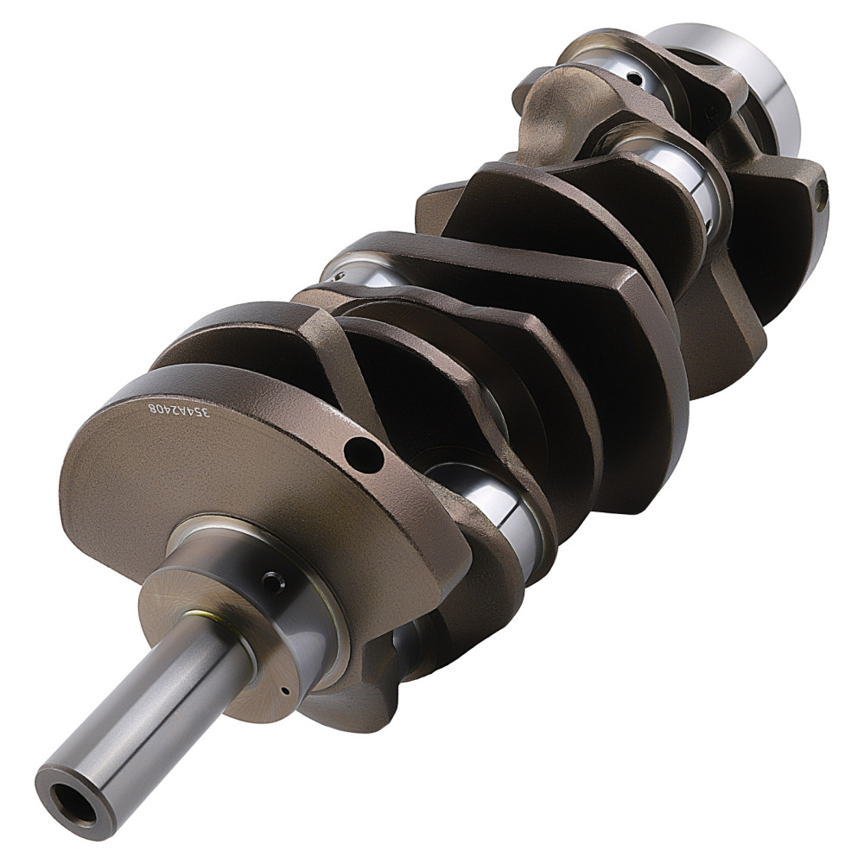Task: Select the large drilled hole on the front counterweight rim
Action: coord(363,453)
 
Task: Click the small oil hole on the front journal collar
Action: coord(273,583)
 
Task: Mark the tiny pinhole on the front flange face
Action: coord(283,690)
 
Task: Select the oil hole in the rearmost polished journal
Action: coord(634,79)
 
